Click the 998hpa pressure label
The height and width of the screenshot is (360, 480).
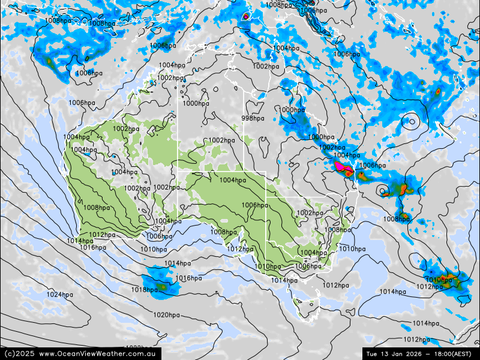point(253,118)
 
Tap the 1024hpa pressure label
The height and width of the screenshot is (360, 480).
point(59,295)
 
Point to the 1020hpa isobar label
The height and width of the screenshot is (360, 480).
point(166,315)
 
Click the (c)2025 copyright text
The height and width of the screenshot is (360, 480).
point(19,353)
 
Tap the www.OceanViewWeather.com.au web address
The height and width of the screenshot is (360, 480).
point(98,353)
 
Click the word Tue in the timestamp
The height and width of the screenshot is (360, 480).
point(372,353)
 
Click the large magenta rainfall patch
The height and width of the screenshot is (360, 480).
point(342,166)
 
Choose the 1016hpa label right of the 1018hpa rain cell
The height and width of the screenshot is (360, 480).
point(188,278)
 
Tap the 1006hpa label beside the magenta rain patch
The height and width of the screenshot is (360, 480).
point(372,165)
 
